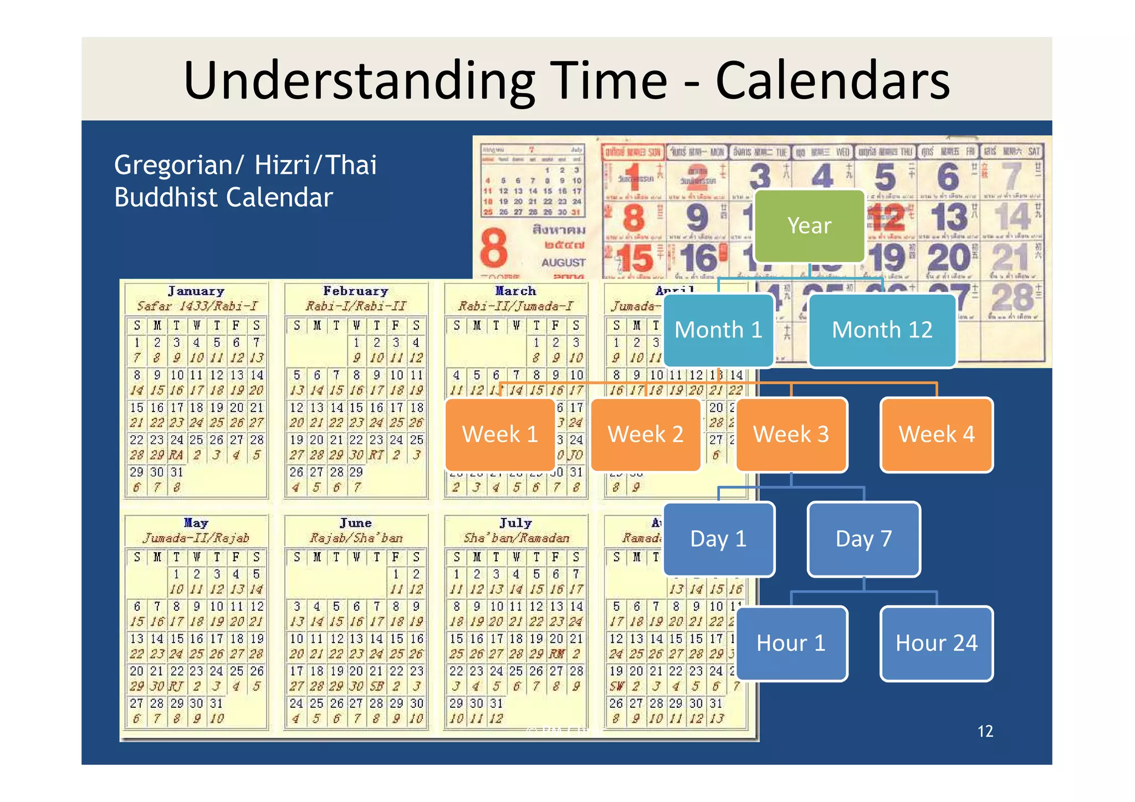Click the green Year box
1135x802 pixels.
[x=809, y=226]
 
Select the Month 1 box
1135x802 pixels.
[x=718, y=330]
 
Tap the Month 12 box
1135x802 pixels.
[x=882, y=330]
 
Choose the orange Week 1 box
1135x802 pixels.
[x=500, y=434]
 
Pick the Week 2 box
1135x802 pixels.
[x=646, y=434]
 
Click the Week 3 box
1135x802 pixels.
[x=791, y=434]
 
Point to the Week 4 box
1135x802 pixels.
[x=937, y=434]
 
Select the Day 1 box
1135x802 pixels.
[x=718, y=539]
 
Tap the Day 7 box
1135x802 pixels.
[x=863, y=539]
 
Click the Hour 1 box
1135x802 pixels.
[x=791, y=643]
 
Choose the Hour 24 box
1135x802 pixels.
[x=937, y=643]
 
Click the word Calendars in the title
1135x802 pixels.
[x=832, y=80]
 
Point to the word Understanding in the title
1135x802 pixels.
[x=359, y=80]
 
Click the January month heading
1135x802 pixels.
[x=196, y=291]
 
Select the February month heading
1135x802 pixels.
[x=356, y=291]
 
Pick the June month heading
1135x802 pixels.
[x=356, y=523]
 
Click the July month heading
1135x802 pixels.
[x=515, y=523]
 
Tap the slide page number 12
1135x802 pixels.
[x=985, y=731]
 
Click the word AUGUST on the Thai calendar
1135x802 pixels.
[x=563, y=263]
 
